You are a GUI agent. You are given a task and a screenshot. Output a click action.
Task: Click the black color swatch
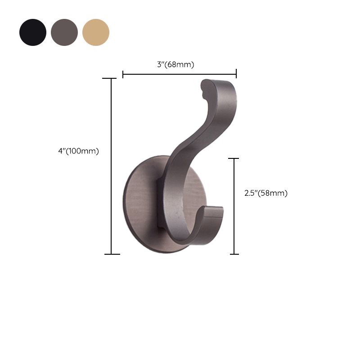(33, 32)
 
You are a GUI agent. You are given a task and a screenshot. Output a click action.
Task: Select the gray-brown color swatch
(64, 32)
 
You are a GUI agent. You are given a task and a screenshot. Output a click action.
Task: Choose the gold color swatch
(96, 32)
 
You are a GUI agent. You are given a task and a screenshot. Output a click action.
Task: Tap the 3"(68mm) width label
(175, 64)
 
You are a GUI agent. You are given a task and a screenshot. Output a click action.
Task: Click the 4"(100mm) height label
(78, 151)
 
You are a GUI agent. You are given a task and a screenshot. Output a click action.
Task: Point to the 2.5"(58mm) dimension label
(265, 193)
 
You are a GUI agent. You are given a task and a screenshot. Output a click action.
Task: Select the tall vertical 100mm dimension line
(112, 166)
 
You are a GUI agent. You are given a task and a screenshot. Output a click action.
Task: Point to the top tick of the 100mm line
(112, 78)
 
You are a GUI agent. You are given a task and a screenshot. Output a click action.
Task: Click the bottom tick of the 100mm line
(112, 254)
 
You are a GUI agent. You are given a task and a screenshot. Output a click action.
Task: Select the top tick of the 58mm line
(234, 158)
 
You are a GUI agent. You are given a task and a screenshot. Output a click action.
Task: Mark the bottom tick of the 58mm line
(234, 254)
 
